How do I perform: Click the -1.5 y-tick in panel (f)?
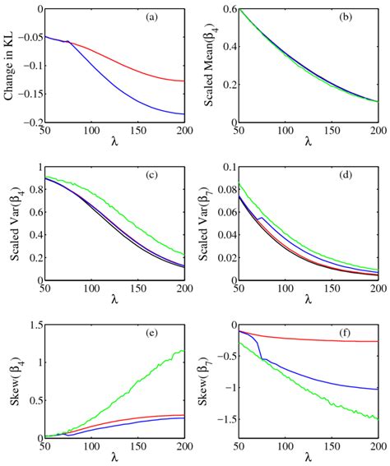point(222,418)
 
